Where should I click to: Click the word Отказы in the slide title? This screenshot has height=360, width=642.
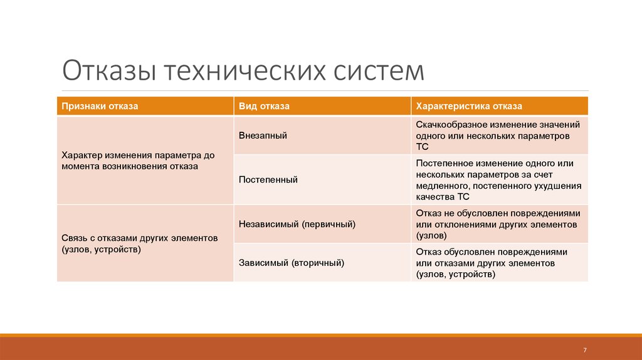coord(110,70)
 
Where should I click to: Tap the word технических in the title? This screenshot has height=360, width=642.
coord(246,70)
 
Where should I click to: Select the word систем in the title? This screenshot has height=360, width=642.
coord(379,71)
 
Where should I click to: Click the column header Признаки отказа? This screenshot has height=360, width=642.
coord(100,106)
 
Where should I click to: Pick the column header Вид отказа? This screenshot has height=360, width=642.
coord(264,106)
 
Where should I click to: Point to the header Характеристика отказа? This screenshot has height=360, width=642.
coord(469,106)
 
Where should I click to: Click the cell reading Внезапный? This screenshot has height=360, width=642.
coord(263,135)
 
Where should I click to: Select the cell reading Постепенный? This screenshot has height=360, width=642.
coord(268,179)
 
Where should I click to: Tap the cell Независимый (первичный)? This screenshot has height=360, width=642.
coord(297,224)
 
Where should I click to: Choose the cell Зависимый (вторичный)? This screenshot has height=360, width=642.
coord(292,263)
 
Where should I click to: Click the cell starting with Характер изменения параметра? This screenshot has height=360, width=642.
coord(138,161)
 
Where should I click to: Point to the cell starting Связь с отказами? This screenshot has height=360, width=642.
coord(140,244)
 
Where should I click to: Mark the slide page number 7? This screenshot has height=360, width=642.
coord(585,350)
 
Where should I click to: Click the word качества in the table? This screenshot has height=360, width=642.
coord(435,196)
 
